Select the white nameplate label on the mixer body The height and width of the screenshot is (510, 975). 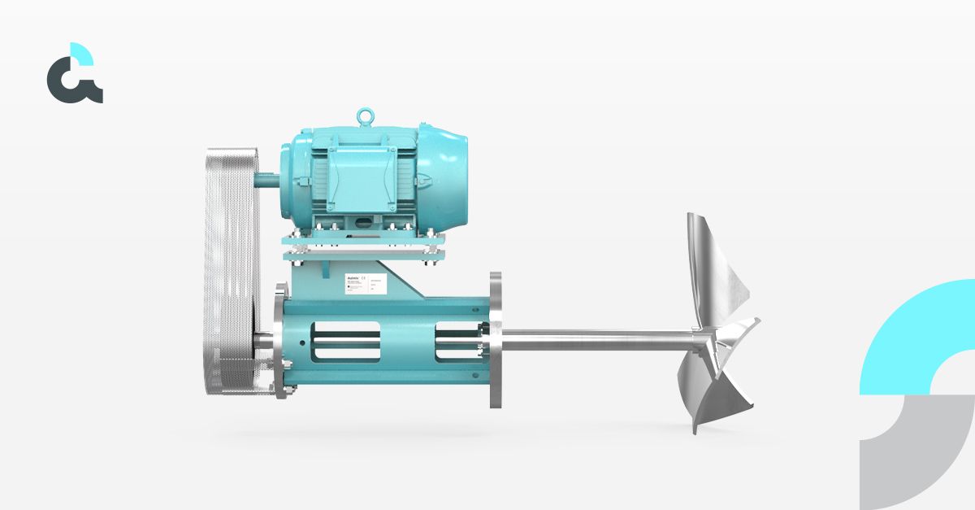pyautogui.click(x=362, y=286)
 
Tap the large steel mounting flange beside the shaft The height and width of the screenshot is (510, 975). pyautogui.click(x=496, y=339)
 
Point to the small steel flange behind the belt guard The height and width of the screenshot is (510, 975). pyautogui.click(x=281, y=341)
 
